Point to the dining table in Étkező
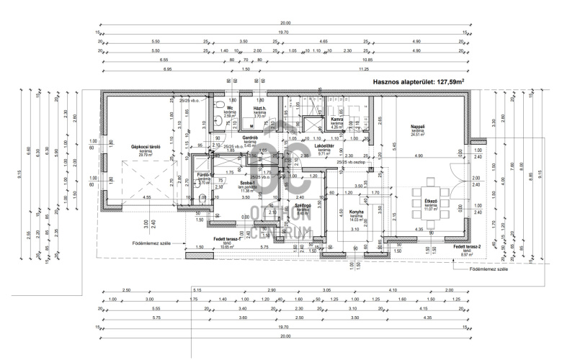tap(431, 192)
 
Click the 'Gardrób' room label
tap(250, 137)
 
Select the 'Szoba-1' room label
tap(249, 184)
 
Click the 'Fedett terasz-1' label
tap(227, 238)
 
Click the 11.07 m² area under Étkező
tap(431, 209)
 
